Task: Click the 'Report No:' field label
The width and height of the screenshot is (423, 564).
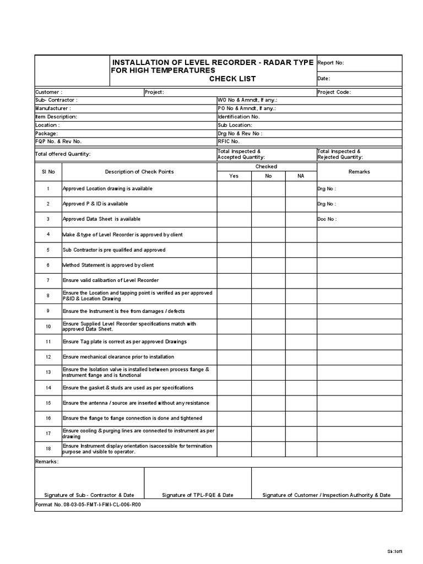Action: point(331,63)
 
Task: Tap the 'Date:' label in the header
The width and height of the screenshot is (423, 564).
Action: point(324,79)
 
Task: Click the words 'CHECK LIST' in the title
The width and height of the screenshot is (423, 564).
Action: point(232,79)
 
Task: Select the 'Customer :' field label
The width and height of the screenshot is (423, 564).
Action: point(49,92)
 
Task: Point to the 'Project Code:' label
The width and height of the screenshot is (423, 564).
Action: point(334,92)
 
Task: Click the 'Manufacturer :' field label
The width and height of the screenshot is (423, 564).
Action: point(53,109)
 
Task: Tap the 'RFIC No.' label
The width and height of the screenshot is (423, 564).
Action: point(229,141)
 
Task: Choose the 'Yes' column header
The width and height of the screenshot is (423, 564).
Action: point(234,176)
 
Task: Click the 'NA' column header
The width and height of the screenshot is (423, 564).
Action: point(300,176)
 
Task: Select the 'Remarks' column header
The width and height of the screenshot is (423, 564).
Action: point(359,171)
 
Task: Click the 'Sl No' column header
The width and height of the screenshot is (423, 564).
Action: point(48,171)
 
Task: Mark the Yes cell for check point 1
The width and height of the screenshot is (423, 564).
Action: point(234,189)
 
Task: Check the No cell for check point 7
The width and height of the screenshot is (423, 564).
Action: point(269,280)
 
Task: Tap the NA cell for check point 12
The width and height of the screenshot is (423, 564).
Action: point(300,357)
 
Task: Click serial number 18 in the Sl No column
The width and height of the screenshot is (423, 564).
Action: point(48,448)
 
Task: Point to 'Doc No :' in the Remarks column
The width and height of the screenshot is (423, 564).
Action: point(327,219)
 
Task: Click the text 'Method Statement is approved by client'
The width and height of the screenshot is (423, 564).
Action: point(109,265)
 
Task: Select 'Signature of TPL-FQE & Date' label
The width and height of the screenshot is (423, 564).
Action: point(198,495)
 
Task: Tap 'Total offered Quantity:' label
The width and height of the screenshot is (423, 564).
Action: point(63,154)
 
